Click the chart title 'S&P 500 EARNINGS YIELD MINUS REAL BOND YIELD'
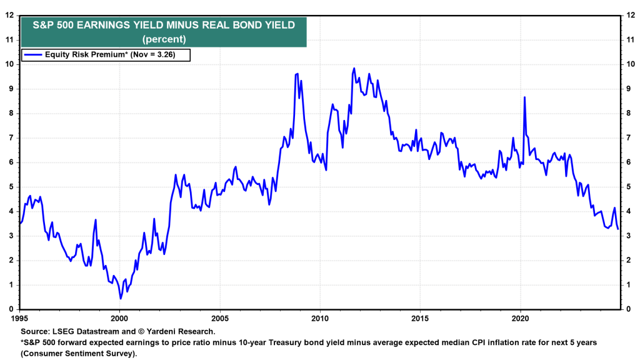coord(163,25)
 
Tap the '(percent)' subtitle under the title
coord(163,39)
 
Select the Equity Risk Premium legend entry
coord(106,55)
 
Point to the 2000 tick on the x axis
coord(119,317)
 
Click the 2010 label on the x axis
coord(320,317)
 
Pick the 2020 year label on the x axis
coord(521,317)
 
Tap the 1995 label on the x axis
coord(21,317)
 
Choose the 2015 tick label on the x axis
coord(420,317)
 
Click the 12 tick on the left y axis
coord(11,15)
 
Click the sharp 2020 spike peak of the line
coord(524,97)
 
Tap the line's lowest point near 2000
coord(121,298)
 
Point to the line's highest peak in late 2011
coord(354,68)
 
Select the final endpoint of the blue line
coord(617,229)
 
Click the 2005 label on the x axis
coord(220,317)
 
